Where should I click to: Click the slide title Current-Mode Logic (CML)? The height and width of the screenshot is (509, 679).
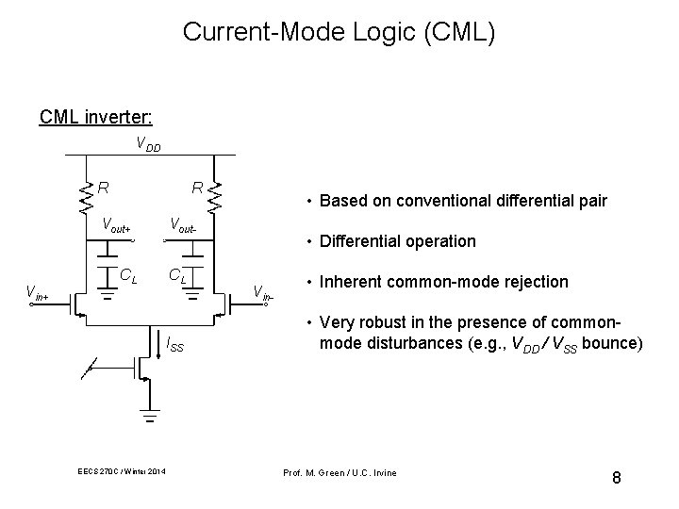(339, 32)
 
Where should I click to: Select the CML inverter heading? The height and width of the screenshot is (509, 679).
(97, 118)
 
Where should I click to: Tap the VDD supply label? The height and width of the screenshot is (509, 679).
(148, 146)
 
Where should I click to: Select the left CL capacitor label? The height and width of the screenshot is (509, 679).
(129, 276)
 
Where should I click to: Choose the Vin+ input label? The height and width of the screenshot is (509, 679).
(38, 291)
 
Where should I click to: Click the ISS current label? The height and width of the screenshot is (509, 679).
(174, 347)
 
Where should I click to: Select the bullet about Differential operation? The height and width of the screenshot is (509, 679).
(397, 241)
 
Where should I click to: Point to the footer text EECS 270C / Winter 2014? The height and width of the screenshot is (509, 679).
(122, 471)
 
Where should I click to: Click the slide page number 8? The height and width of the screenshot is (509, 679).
(616, 478)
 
